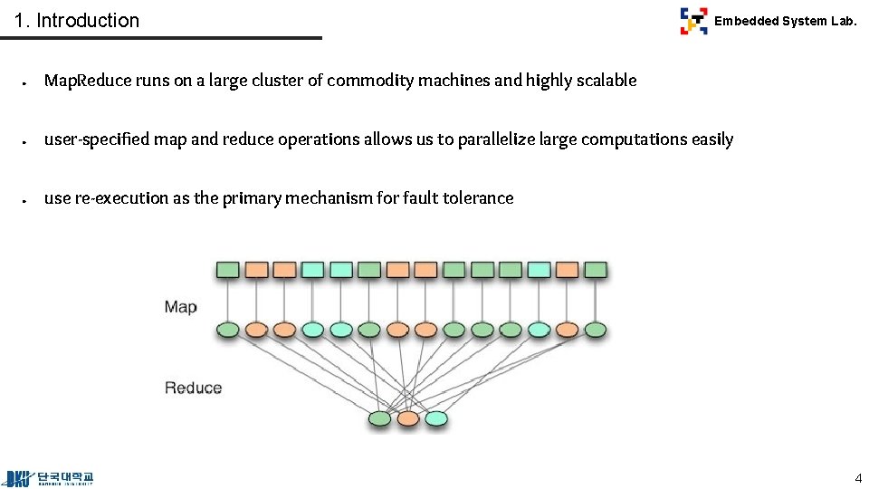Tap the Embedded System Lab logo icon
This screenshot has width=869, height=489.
(693, 20)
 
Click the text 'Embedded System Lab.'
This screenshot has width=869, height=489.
(785, 21)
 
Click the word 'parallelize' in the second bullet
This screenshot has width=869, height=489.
(496, 139)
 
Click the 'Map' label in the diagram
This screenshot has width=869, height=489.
(180, 307)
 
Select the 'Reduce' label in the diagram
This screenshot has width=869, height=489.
(193, 388)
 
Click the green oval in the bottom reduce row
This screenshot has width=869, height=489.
(380, 418)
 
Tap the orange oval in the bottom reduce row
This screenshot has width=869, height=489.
(408, 418)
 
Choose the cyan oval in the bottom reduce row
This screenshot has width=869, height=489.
(436, 418)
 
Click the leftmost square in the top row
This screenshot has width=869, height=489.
(227, 270)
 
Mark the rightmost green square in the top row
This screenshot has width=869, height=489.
(595, 270)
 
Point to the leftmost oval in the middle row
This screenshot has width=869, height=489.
(227, 330)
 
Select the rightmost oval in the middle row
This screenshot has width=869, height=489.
(595, 330)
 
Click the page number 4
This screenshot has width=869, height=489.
(858, 477)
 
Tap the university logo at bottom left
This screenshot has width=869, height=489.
(50, 477)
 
